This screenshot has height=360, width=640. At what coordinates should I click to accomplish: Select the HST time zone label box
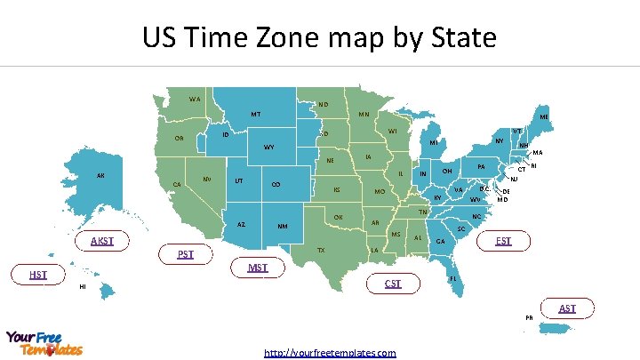coord(38,275)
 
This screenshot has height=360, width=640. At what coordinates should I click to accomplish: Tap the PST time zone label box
coord(186,254)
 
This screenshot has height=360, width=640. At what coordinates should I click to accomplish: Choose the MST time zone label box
coord(258,268)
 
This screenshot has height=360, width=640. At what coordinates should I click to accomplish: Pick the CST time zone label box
coord(393,284)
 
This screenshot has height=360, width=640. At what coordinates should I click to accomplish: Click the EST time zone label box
coord(503,241)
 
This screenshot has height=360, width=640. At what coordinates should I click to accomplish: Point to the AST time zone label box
coord(567,308)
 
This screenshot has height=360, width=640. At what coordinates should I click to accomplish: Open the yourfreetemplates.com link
coord(330,353)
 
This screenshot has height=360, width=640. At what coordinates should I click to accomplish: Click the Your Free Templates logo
coord(44,343)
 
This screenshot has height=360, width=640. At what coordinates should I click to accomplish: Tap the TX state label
coord(321,251)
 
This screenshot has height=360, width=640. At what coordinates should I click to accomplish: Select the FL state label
coord(453,278)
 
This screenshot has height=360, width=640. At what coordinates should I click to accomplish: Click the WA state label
coord(195,98)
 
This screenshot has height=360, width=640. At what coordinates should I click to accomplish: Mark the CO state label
coord(276,184)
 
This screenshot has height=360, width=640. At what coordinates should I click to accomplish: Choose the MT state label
coord(255,114)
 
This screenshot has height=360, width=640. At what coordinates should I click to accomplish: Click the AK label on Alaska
coord(100,175)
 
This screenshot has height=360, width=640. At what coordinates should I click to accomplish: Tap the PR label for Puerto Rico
coord(529,317)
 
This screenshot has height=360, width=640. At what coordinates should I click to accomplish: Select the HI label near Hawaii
coord(83,286)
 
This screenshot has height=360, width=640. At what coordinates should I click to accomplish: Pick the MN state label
coord(364,115)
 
